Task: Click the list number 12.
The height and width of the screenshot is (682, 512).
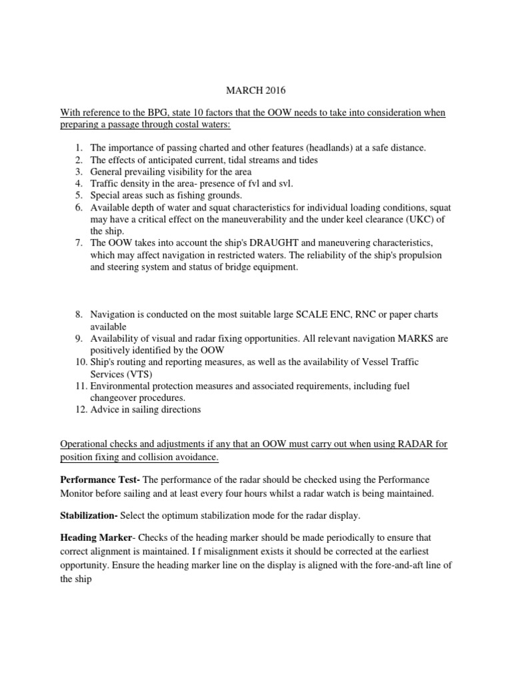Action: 80,410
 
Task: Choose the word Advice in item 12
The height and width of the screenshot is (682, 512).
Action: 105,410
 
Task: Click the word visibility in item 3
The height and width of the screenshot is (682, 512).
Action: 175,171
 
